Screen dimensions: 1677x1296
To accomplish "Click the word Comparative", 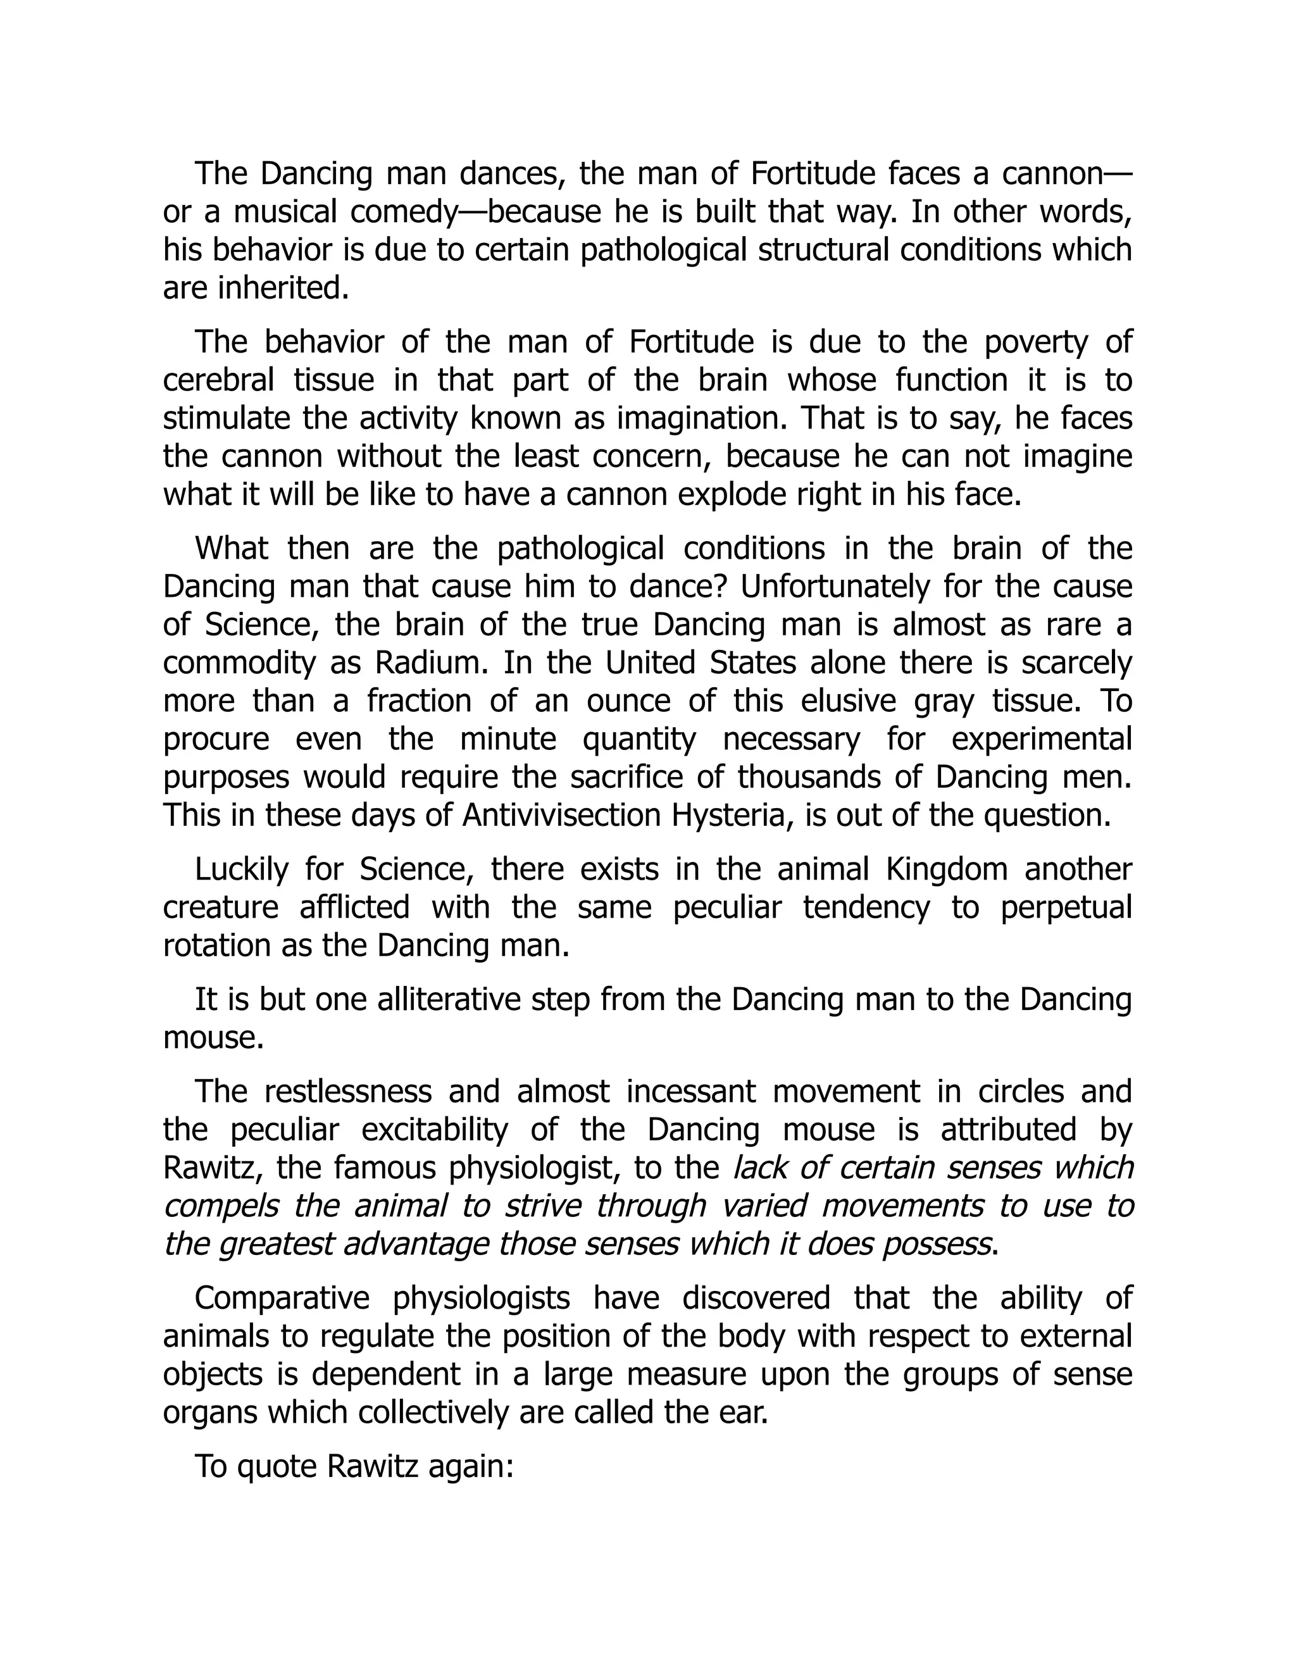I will tap(282, 1298).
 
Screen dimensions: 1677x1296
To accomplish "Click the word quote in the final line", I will tap(276, 1466).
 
